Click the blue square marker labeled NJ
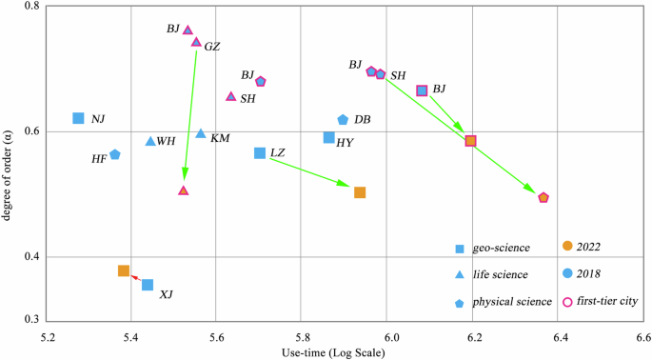79,118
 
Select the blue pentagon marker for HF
115,154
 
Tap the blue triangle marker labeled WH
150,141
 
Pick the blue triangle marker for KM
201,134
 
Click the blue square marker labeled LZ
260,153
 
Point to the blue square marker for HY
329,138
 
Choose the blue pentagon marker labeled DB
343,119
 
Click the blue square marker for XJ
148,285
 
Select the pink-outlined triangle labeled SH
230,96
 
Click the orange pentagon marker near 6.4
543,198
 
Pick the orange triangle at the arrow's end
184,190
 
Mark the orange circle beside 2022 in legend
567,247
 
